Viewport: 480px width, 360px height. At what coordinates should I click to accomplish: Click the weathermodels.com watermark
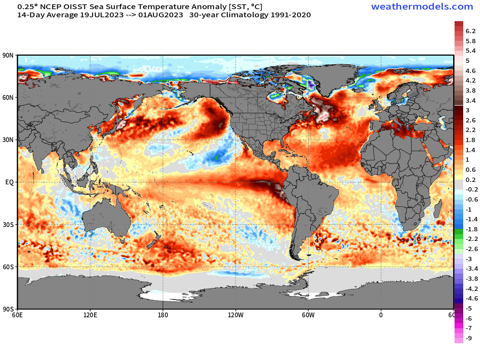point(422,7)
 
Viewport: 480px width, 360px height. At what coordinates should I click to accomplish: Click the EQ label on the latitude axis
point(10,182)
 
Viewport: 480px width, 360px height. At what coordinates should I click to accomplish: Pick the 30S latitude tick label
point(9,225)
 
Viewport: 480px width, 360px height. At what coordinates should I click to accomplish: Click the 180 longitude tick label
point(163,315)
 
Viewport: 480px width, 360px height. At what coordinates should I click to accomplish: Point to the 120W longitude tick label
point(235,315)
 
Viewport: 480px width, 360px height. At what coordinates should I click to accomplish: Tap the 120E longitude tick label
point(90,315)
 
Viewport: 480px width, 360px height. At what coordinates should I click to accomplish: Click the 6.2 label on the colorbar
point(470,31)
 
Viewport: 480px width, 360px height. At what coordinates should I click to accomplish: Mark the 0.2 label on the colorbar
point(470,179)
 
